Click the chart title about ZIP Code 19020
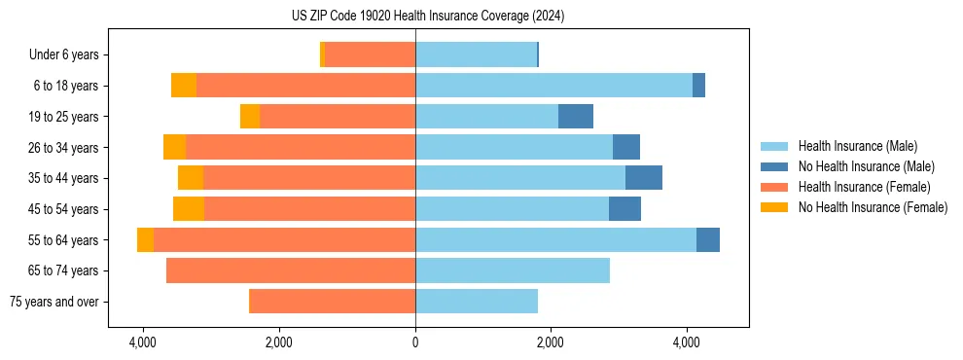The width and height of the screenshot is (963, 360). click(x=427, y=17)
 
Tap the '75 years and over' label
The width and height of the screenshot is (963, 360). click(x=53, y=302)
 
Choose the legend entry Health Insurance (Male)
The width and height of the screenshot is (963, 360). click(x=857, y=146)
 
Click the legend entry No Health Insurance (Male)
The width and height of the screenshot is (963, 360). click(x=866, y=166)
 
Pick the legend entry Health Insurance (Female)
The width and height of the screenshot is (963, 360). click(x=864, y=187)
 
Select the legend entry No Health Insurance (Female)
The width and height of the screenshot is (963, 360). click(x=873, y=207)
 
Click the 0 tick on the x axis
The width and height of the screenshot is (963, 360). click(x=415, y=342)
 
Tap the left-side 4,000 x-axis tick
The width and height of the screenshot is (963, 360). click(x=143, y=342)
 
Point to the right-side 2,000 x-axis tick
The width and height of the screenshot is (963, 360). click(x=551, y=342)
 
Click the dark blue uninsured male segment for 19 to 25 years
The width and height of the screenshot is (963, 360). click(x=576, y=117)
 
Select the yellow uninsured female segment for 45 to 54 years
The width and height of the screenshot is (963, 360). click(x=189, y=209)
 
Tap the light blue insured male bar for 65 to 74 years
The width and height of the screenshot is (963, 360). click(x=513, y=270)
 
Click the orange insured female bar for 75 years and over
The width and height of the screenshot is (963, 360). click(x=333, y=302)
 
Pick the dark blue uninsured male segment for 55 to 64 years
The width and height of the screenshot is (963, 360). click(x=708, y=240)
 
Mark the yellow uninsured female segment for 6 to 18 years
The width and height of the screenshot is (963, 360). click(x=184, y=86)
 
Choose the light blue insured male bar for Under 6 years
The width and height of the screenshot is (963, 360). click(x=476, y=54)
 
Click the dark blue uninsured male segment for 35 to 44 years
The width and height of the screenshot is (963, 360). click(x=644, y=178)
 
